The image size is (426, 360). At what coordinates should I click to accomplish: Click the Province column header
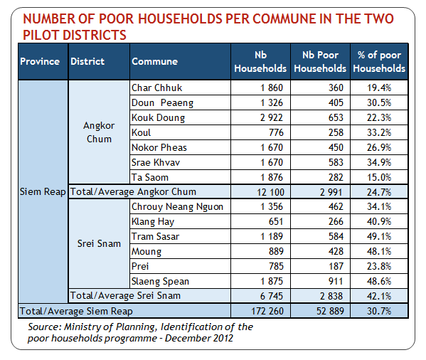(40, 61)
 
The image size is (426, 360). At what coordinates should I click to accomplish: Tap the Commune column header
(154, 61)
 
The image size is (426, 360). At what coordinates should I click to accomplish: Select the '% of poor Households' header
(379, 62)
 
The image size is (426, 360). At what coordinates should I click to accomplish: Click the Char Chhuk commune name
(156, 88)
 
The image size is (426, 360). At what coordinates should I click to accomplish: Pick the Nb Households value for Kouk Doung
(272, 117)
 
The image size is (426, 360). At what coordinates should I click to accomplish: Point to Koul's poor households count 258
(336, 132)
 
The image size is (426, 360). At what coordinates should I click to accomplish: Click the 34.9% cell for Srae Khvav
(379, 162)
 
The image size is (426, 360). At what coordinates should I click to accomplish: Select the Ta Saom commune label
(150, 177)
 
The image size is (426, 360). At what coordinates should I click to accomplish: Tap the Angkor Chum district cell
(99, 132)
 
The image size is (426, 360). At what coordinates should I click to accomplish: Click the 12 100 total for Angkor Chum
(270, 192)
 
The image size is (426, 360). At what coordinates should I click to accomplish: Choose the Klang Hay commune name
(153, 222)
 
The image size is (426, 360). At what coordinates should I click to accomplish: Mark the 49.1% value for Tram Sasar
(379, 236)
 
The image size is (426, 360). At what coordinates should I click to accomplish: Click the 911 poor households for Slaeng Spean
(336, 281)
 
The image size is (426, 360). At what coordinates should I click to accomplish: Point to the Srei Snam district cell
(99, 243)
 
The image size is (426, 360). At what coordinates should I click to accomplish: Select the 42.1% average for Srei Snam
(379, 296)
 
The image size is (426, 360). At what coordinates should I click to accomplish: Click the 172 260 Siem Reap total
(267, 311)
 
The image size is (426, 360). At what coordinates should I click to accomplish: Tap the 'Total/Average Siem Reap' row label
(76, 311)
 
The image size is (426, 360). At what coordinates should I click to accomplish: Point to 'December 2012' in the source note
(199, 338)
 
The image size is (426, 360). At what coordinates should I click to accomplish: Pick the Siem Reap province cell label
(43, 192)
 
